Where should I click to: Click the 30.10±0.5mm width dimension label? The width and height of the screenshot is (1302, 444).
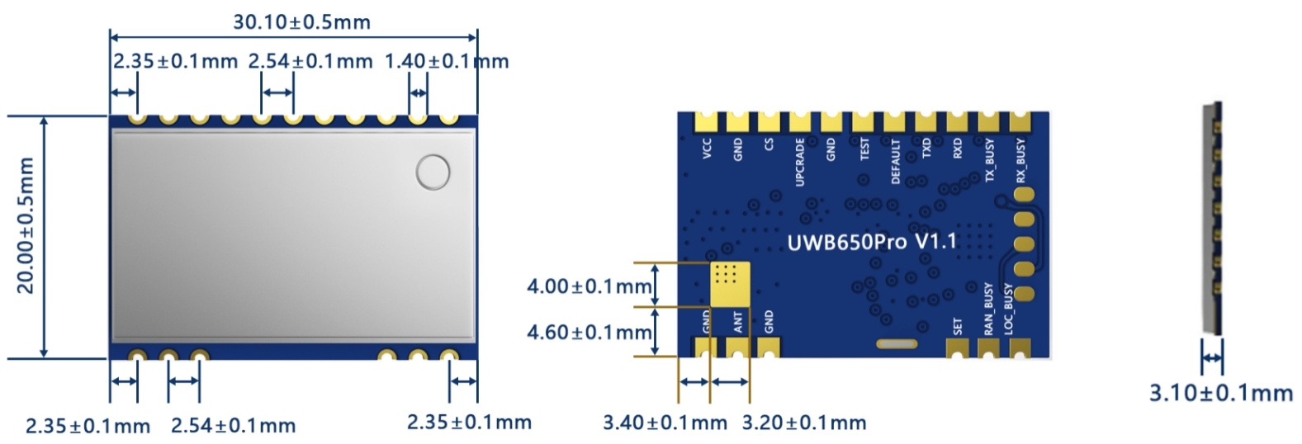pyautogui.click(x=301, y=21)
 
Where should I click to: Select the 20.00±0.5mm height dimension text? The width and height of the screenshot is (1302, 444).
pyautogui.click(x=26, y=225)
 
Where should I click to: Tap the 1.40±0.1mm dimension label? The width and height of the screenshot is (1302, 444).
pyautogui.click(x=446, y=61)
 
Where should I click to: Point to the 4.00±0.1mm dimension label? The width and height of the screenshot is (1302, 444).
pyautogui.click(x=589, y=286)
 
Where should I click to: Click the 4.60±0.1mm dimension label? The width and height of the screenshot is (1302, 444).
pyautogui.click(x=589, y=332)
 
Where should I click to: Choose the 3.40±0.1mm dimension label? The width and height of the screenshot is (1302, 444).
pyautogui.click(x=665, y=423)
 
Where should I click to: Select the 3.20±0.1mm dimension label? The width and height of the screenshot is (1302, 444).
pyautogui.click(x=804, y=423)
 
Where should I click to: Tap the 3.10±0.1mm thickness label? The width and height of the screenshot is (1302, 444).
pyautogui.click(x=1221, y=393)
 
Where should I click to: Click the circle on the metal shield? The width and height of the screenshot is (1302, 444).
pyautogui.click(x=433, y=172)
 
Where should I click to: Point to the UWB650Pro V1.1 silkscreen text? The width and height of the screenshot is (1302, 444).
pyautogui.click(x=872, y=243)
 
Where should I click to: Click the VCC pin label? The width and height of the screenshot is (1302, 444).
pyautogui.click(x=707, y=149)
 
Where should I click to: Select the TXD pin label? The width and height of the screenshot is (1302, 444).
pyautogui.click(x=926, y=149)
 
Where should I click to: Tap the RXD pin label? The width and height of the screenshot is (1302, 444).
pyautogui.click(x=958, y=149)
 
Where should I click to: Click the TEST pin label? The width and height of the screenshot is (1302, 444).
pyautogui.click(x=864, y=149)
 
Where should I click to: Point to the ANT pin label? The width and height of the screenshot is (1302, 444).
pyautogui.click(x=738, y=321)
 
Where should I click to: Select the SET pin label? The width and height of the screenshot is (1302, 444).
pyautogui.click(x=958, y=326)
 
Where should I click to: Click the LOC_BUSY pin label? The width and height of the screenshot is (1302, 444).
pyautogui.click(x=1008, y=309)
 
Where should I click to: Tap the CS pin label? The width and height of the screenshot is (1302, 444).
pyautogui.click(x=769, y=144)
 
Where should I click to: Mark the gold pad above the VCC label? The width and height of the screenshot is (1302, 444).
pyautogui.click(x=707, y=122)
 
